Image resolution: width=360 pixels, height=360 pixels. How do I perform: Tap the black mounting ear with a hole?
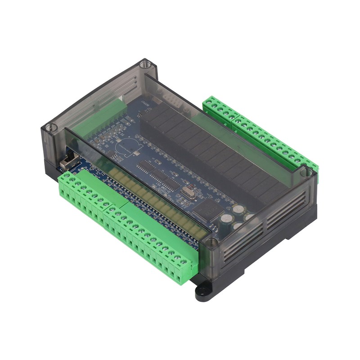(x=205, y=292)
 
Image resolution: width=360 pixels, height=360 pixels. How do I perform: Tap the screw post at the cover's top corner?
(x=144, y=64)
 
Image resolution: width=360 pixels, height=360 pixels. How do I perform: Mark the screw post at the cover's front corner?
(x=210, y=243)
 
